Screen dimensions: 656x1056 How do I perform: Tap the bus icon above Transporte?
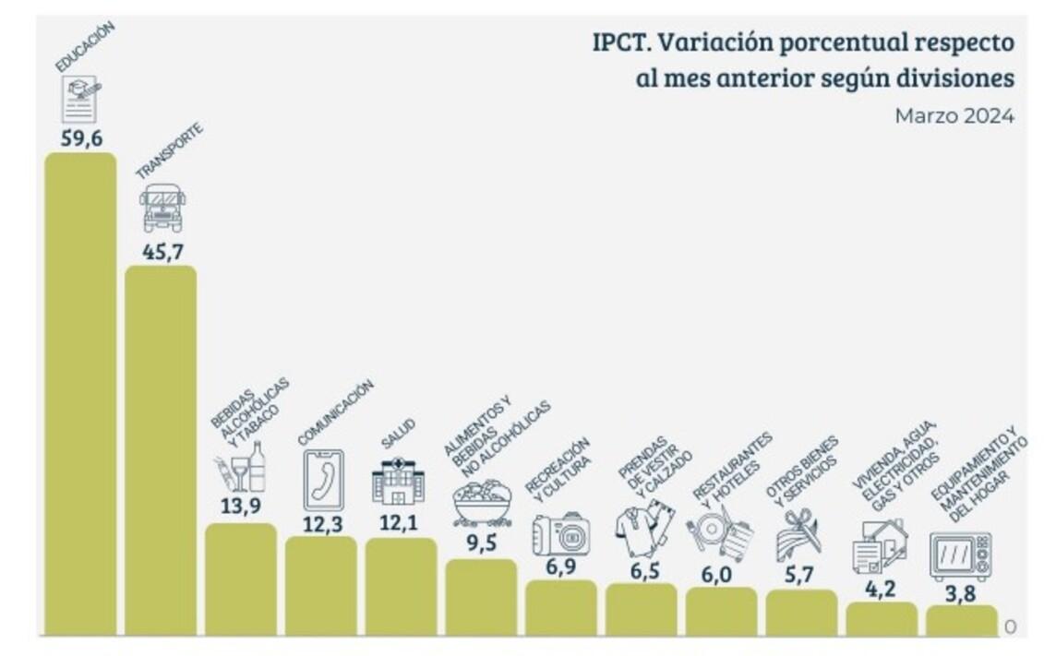[x=162, y=208]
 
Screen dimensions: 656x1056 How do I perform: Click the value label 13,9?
[x=240, y=505]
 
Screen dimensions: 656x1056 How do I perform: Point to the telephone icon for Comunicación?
[x=322, y=480]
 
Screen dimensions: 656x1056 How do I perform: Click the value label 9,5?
[x=482, y=543]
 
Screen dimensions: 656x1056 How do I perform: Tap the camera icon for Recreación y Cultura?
[x=561, y=534]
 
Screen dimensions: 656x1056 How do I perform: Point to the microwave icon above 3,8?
[x=960, y=556]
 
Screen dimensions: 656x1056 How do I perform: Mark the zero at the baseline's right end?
[x=1010, y=626]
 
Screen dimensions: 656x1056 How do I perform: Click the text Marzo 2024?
[x=954, y=116]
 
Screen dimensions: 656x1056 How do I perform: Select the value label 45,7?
[x=162, y=250]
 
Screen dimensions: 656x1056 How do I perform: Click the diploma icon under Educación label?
[x=80, y=99]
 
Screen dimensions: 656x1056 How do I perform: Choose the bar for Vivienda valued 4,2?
[x=882, y=618]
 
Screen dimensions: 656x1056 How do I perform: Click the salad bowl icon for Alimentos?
[x=482, y=504]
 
